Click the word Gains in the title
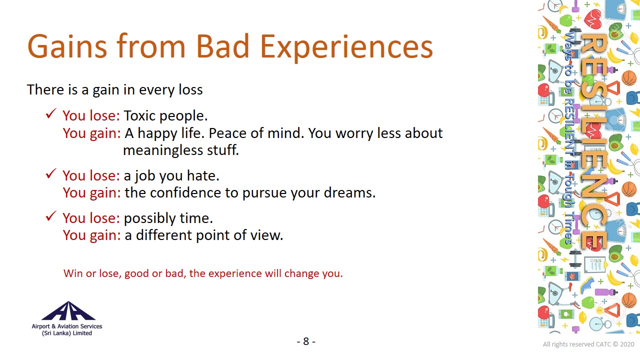tap(67, 46)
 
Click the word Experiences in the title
tap(346, 47)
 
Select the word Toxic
tap(139, 115)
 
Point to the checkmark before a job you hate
tap(51, 173)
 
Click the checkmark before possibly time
tap(51, 216)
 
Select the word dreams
tap(349, 192)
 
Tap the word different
tap(164, 235)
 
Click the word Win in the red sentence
tap(73, 273)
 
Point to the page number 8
tap(306, 341)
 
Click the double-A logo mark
tap(68, 310)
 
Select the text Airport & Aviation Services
tap(67, 326)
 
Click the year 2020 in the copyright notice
tap(627, 344)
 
